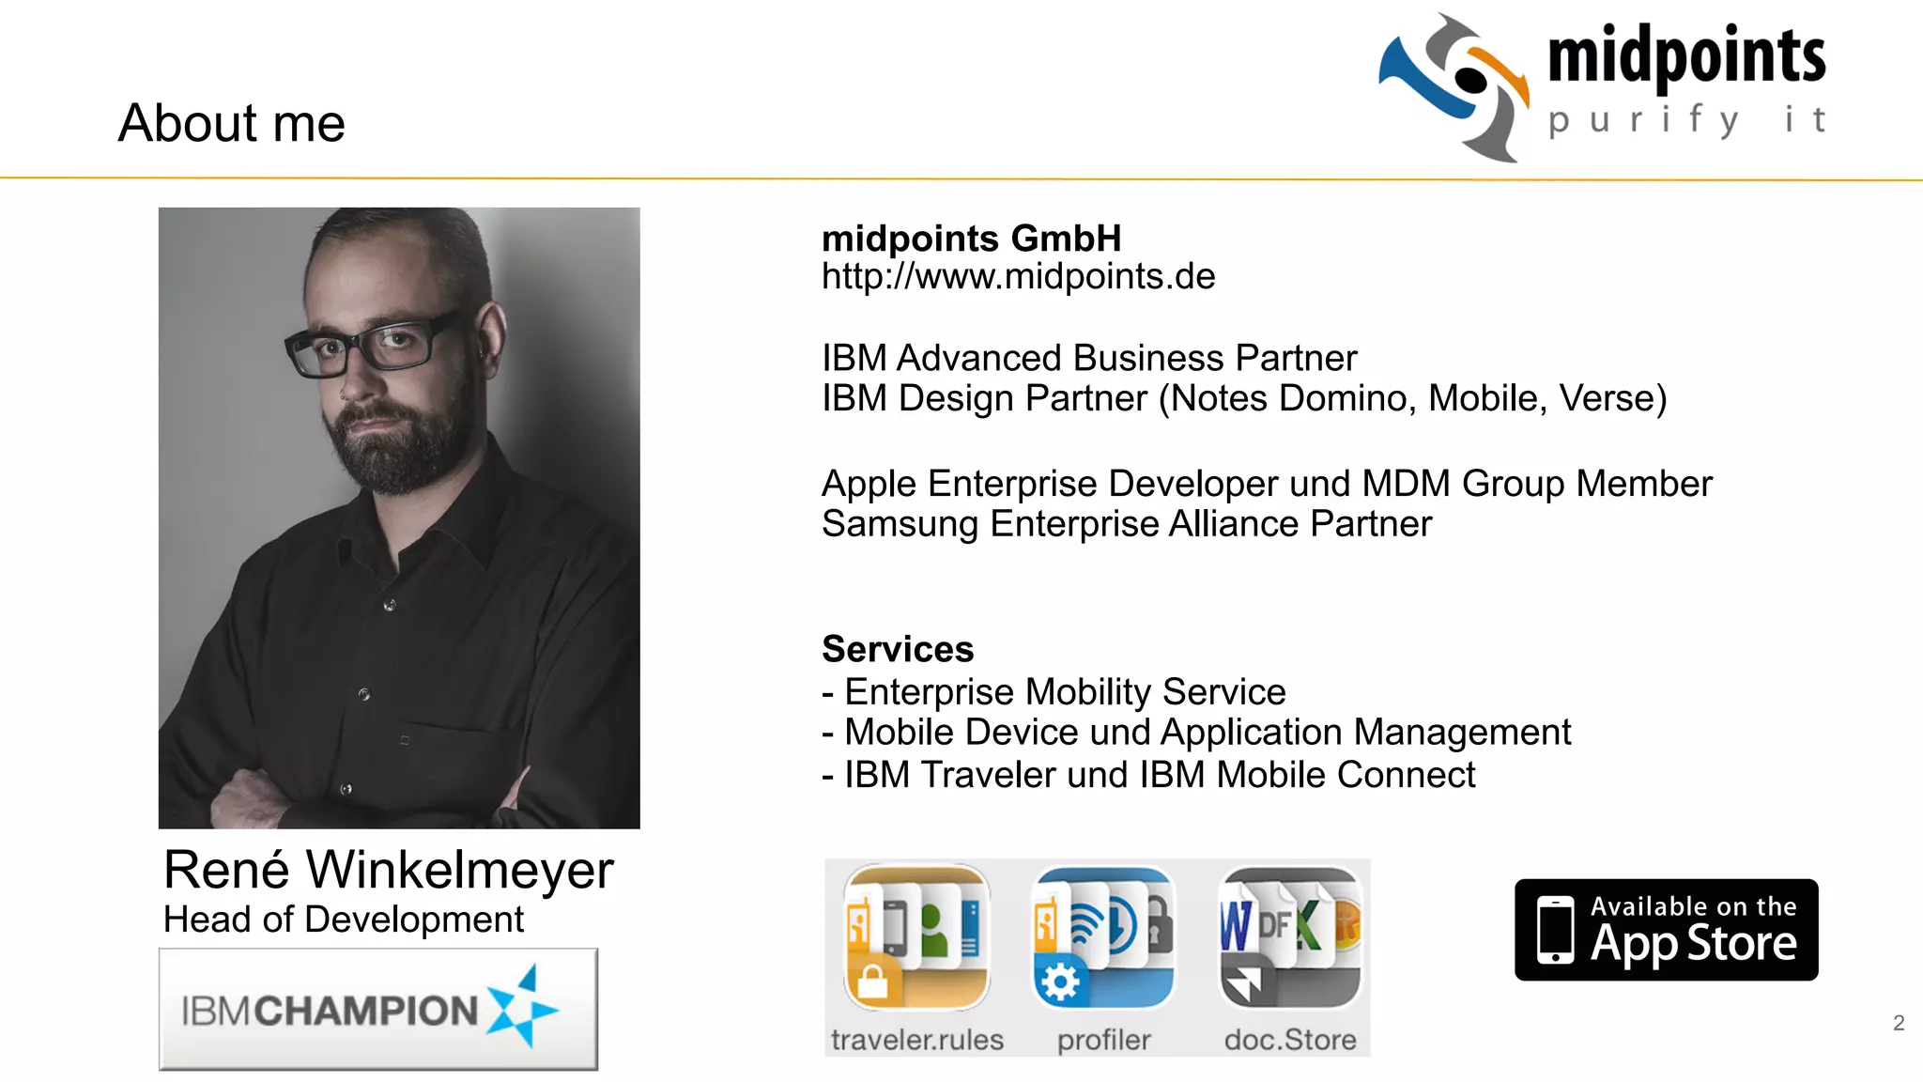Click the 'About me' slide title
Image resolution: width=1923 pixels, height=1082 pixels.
click(232, 124)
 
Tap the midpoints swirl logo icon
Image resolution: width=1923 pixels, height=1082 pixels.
click(1454, 86)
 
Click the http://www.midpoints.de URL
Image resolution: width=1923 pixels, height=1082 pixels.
click(1018, 277)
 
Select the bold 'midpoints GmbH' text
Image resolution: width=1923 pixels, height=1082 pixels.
click(971, 239)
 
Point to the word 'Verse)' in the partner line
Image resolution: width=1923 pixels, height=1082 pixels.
click(1613, 399)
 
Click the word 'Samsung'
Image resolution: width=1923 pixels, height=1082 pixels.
click(900, 524)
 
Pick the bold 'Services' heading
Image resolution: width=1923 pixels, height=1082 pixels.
click(898, 649)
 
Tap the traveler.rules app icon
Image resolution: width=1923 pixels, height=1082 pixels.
click(916, 937)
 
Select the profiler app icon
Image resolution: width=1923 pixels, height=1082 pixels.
click(1103, 937)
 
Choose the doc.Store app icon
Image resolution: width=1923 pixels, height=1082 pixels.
click(1290, 937)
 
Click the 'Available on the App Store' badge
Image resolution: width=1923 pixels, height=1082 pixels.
click(1666, 930)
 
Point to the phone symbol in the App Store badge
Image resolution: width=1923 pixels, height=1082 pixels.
click(1555, 930)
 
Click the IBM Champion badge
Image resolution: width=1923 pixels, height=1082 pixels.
click(378, 1010)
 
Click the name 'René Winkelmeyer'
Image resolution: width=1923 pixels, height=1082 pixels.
click(389, 870)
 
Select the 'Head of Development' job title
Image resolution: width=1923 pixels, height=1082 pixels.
click(344, 920)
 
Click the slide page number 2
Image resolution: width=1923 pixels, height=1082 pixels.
click(1899, 1023)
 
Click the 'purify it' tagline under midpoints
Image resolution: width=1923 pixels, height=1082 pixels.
click(1686, 121)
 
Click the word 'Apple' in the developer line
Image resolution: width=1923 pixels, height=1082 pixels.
click(869, 485)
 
